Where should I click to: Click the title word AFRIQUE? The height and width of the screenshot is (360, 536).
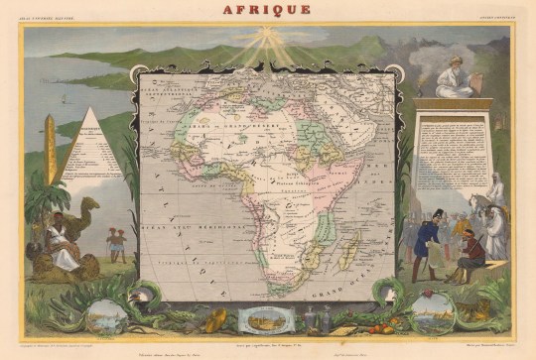(x=268, y=10)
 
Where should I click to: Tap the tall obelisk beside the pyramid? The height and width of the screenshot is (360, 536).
(x=50, y=149)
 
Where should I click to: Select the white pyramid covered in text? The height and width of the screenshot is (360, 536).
(x=90, y=148)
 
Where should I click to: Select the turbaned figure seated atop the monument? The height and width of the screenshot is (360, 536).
(x=453, y=77)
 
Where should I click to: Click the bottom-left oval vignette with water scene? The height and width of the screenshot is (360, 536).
(x=107, y=315)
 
